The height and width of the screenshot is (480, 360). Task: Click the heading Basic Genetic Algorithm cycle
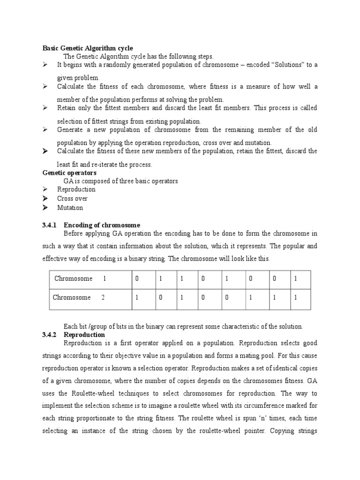tap(88, 48)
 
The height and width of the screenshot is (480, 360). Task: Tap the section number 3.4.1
tap(50, 225)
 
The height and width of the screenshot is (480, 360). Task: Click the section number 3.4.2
tap(50, 335)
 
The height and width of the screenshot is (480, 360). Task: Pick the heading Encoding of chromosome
tap(102, 225)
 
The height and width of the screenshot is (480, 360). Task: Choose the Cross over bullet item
tap(72, 198)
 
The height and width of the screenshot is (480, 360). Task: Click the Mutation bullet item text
tap(70, 208)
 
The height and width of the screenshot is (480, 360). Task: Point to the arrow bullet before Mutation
tap(45, 208)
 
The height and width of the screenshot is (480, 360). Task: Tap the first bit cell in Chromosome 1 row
tap(137, 279)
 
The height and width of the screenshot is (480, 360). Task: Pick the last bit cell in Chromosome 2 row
tap(295, 298)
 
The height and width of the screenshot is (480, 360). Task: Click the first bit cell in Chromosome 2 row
tap(136, 298)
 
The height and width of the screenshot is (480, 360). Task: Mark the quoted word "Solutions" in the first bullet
tap(285, 65)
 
